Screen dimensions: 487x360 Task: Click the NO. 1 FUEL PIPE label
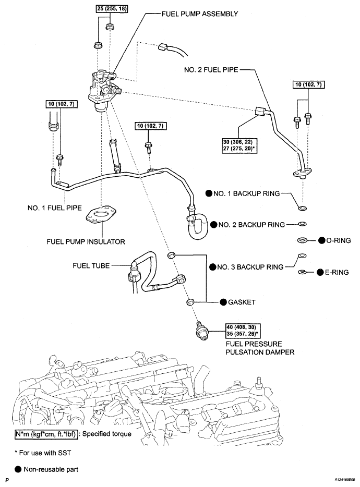click(55, 207)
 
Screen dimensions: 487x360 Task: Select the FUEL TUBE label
click(91, 265)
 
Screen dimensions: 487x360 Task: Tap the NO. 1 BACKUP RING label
click(246, 193)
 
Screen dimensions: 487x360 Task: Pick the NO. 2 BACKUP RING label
click(247, 225)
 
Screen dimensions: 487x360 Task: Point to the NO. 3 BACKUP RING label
click(247, 267)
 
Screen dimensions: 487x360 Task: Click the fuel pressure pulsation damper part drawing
click(200, 331)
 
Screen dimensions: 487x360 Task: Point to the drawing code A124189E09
click(339, 478)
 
